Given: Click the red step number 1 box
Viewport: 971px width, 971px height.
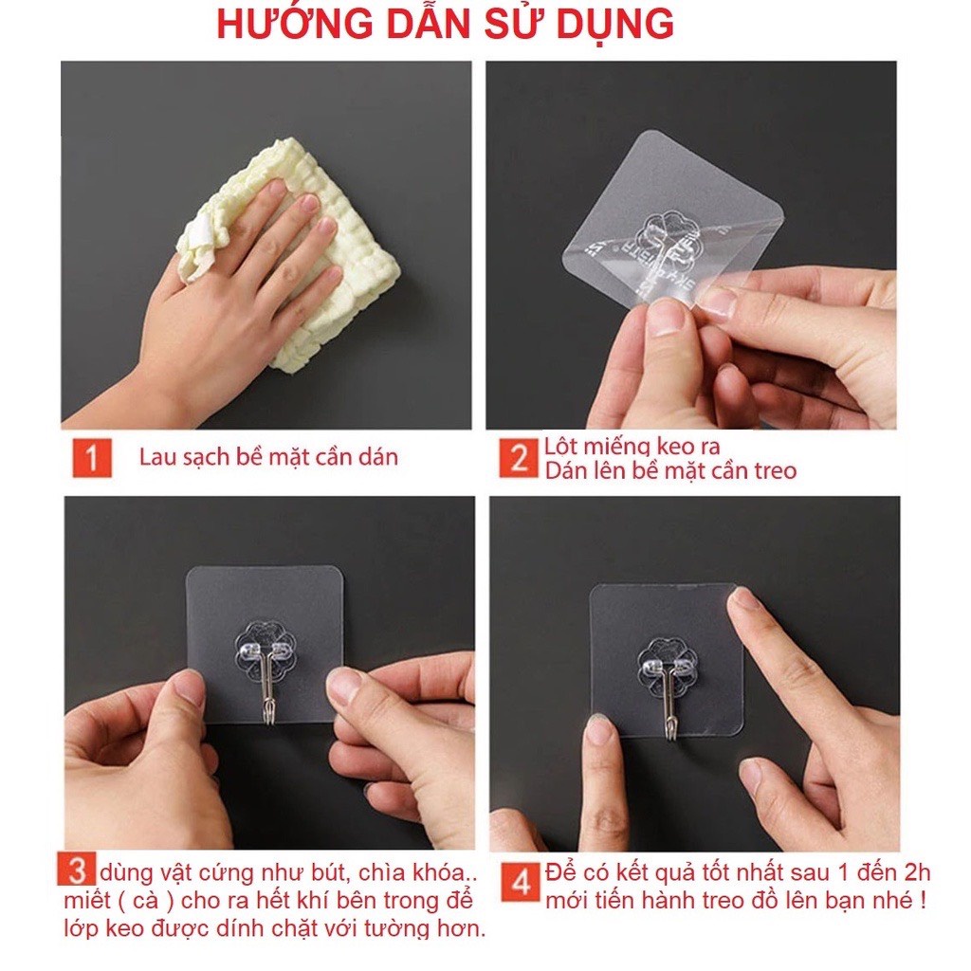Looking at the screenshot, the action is click(x=92, y=458).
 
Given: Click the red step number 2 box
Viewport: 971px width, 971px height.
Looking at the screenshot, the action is click(x=519, y=458).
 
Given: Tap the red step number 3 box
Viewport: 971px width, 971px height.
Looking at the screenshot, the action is click(x=77, y=869).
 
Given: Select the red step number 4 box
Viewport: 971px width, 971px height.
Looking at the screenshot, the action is click(x=522, y=881).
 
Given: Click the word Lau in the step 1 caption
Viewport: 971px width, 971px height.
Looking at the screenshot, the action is click(x=156, y=457).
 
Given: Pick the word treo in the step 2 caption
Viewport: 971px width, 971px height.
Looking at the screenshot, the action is click(x=775, y=471).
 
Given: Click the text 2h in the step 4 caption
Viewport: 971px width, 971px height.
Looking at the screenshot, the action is click(x=917, y=872).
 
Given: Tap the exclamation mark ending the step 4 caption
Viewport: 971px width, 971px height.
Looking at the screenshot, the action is click(x=924, y=899).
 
